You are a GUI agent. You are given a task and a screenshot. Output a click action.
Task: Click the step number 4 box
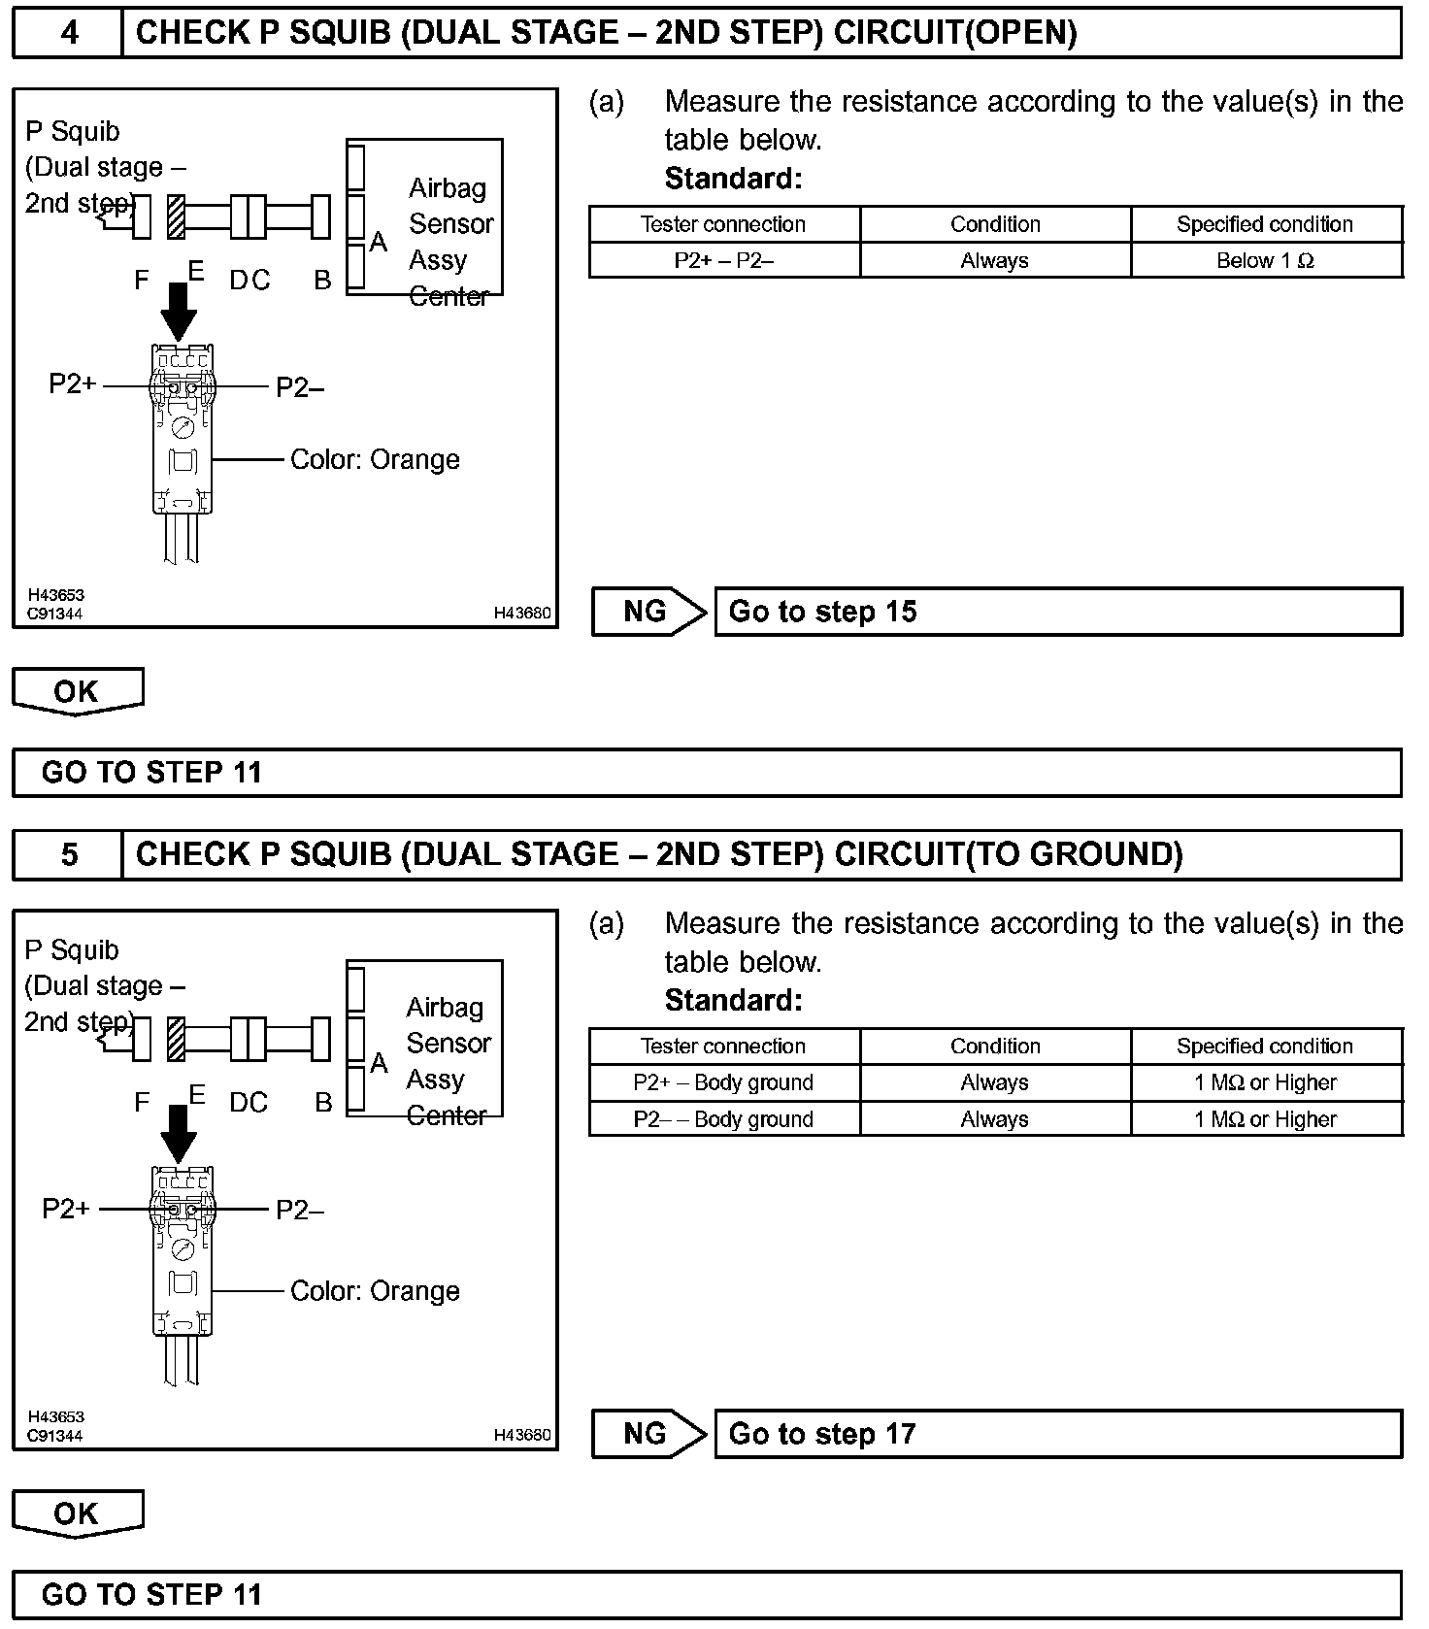click(x=68, y=33)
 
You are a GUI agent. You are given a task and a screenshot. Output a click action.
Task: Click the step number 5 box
click(x=68, y=854)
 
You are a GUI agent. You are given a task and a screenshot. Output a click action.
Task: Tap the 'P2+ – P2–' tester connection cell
click(x=723, y=260)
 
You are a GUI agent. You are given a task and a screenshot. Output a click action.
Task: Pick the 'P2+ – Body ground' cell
click(x=723, y=1082)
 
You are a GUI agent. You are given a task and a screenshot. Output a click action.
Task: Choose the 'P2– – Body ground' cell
click(x=723, y=1119)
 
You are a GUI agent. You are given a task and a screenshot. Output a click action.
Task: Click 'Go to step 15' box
click(x=1057, y=612)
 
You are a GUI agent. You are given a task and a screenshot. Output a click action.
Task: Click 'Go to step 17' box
click(x=1057, y=1434)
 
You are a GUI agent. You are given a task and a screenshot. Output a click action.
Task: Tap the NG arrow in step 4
click(x=648, y=612)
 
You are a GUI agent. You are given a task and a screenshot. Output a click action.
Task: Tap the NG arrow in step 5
click(x=648, y=1434)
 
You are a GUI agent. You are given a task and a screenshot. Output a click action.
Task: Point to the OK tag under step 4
click(x=77, y=691)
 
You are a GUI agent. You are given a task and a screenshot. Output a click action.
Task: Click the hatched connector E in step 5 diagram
click(x=176, y=1039)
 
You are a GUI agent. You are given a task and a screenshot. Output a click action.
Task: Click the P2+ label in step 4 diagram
click(x=73, y=384)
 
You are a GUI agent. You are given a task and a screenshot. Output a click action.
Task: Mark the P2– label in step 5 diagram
click(x=300, y=1210)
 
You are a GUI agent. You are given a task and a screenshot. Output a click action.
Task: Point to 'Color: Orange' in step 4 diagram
click(x=375, y=459)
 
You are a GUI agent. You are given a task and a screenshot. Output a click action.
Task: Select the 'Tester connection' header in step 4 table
click(x=723, y=224)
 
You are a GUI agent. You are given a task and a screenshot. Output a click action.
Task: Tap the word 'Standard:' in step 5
click(x=733, y=1000)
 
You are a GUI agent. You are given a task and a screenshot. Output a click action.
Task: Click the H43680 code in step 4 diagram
click(x=522, y=613)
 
